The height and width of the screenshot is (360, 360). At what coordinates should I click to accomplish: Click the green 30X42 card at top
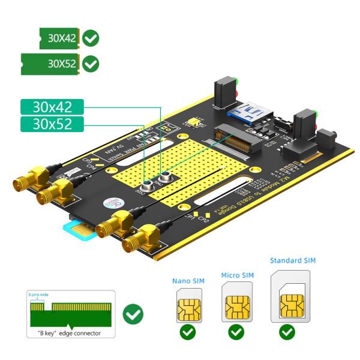pos(59,38)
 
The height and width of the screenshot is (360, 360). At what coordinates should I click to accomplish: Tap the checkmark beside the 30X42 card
pos(91,38)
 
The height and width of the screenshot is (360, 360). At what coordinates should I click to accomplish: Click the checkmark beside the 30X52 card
pos(91,64)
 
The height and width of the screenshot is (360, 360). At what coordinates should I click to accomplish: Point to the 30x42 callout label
pos(52,107)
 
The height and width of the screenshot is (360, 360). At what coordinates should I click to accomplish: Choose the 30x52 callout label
pos(52,124)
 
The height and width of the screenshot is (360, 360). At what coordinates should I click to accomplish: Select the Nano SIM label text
pos(187,280)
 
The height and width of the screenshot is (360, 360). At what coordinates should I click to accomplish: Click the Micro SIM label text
pos(238,275)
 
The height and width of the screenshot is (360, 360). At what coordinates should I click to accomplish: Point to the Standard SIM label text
pos(293,260)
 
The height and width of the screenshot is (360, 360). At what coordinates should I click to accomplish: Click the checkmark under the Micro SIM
pos(236,332)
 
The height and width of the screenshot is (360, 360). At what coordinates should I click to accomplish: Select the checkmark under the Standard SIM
pos(289,332)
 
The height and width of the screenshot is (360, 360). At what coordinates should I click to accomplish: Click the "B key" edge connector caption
pos(65,334)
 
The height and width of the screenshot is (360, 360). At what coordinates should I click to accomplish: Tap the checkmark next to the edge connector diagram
pos(133,314)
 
